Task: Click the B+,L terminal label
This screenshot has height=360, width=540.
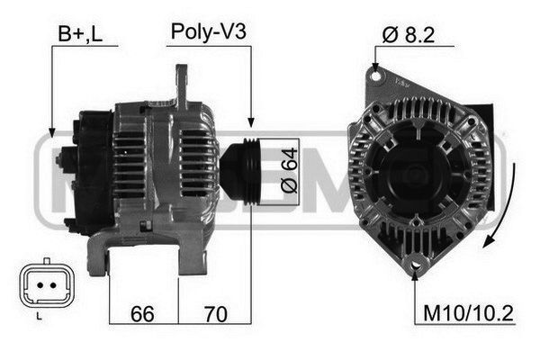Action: click(x=80, y=34)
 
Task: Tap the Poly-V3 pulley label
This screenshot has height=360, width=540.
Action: click(x=209, y=31)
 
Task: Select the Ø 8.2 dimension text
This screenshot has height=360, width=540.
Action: click(x=409, y=35)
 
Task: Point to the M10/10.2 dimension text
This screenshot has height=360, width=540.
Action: click(x=468, y=313)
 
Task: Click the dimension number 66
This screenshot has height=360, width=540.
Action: click(x=142, y=314)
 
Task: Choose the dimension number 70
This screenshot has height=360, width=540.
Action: click(x=216, y=314)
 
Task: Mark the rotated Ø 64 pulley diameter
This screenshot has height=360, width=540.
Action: click(x=289, y=170)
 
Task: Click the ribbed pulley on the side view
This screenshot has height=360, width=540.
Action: click(x=241, y=172)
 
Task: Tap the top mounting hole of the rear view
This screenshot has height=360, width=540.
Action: click(x=376, y=76)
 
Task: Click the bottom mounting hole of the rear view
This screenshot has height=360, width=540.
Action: click(x=415, y=265)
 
